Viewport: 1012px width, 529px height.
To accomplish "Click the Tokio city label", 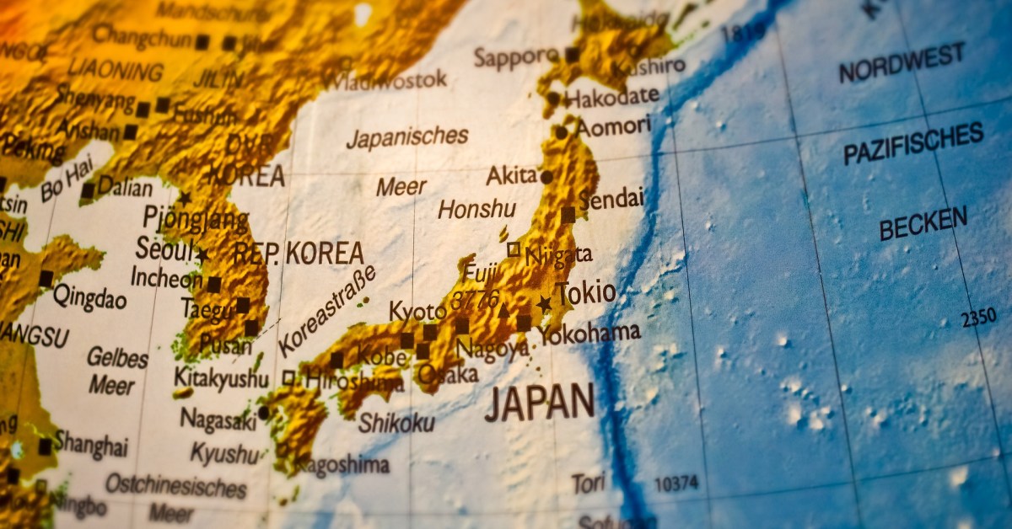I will pos(586,293).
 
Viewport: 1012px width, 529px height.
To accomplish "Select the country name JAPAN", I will pos(540,403).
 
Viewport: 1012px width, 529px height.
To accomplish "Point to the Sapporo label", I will pos(515,57).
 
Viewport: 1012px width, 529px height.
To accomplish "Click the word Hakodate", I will pos(612,97).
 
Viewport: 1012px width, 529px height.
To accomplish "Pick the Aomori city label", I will pos(613,127).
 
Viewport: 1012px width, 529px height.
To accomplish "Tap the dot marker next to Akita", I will pos(546,177).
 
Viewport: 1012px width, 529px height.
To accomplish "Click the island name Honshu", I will pos(476,209).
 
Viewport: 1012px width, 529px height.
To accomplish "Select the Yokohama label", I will pos(590,333).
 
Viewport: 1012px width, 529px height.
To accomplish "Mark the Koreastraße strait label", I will pos(326,311).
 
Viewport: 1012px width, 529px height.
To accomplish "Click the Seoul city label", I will pos(163,249).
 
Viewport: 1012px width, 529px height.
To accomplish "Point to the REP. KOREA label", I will pos(298,253).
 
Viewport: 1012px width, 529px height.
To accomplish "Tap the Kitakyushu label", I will pos(221,377).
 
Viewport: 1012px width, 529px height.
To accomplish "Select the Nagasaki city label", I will pos(218,418).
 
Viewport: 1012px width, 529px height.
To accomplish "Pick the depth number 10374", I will pos(676,484).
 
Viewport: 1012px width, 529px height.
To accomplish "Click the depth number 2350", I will pos(978,318).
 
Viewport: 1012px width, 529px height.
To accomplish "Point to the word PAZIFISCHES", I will pos(913,143).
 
